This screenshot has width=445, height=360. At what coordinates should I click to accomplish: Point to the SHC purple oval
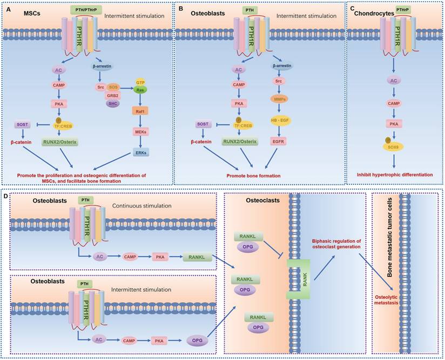tap(112, 105)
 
